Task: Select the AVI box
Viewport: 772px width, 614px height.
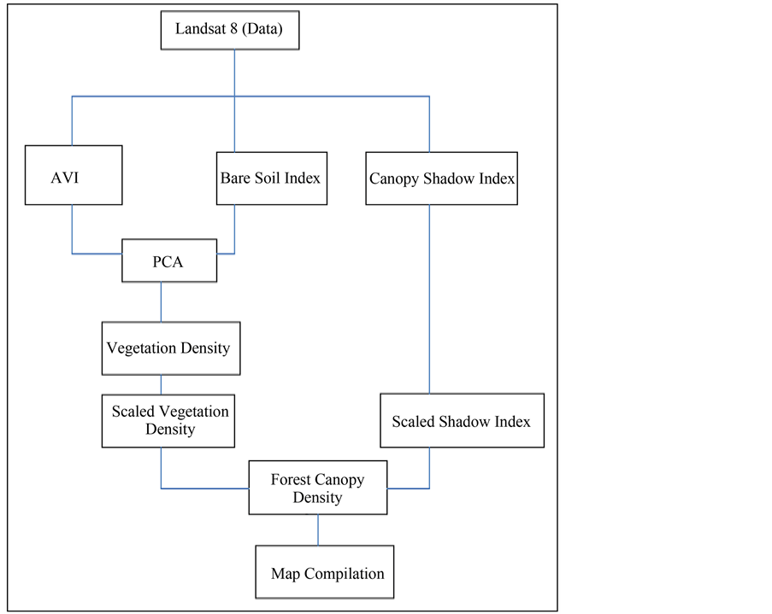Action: [x=73, y=176]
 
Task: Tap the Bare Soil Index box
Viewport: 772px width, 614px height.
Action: [x=271, y=178]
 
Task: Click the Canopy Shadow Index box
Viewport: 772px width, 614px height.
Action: [x=442, y=178]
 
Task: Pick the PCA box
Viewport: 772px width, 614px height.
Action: [x=168, y=260]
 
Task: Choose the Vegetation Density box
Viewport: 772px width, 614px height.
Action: [x=170, y=348]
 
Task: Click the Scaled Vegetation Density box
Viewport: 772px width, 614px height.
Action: [x=168, y=420]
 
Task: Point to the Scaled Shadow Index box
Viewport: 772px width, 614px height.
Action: [x=462, y=421]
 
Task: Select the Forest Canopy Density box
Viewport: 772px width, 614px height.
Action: [x=317, y=488]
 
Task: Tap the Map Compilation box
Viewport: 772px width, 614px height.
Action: [x=327, y=573]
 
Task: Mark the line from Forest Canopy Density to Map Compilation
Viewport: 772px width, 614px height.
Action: [x=319, y=529]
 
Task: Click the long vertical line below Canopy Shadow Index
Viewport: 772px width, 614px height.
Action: [x=429, y=299]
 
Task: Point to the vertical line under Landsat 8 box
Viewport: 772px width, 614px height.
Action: [x=234, y=73]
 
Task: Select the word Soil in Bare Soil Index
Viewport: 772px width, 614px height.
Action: [x=270, y=178]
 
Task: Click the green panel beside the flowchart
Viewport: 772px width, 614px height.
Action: [x=667, y=307]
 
